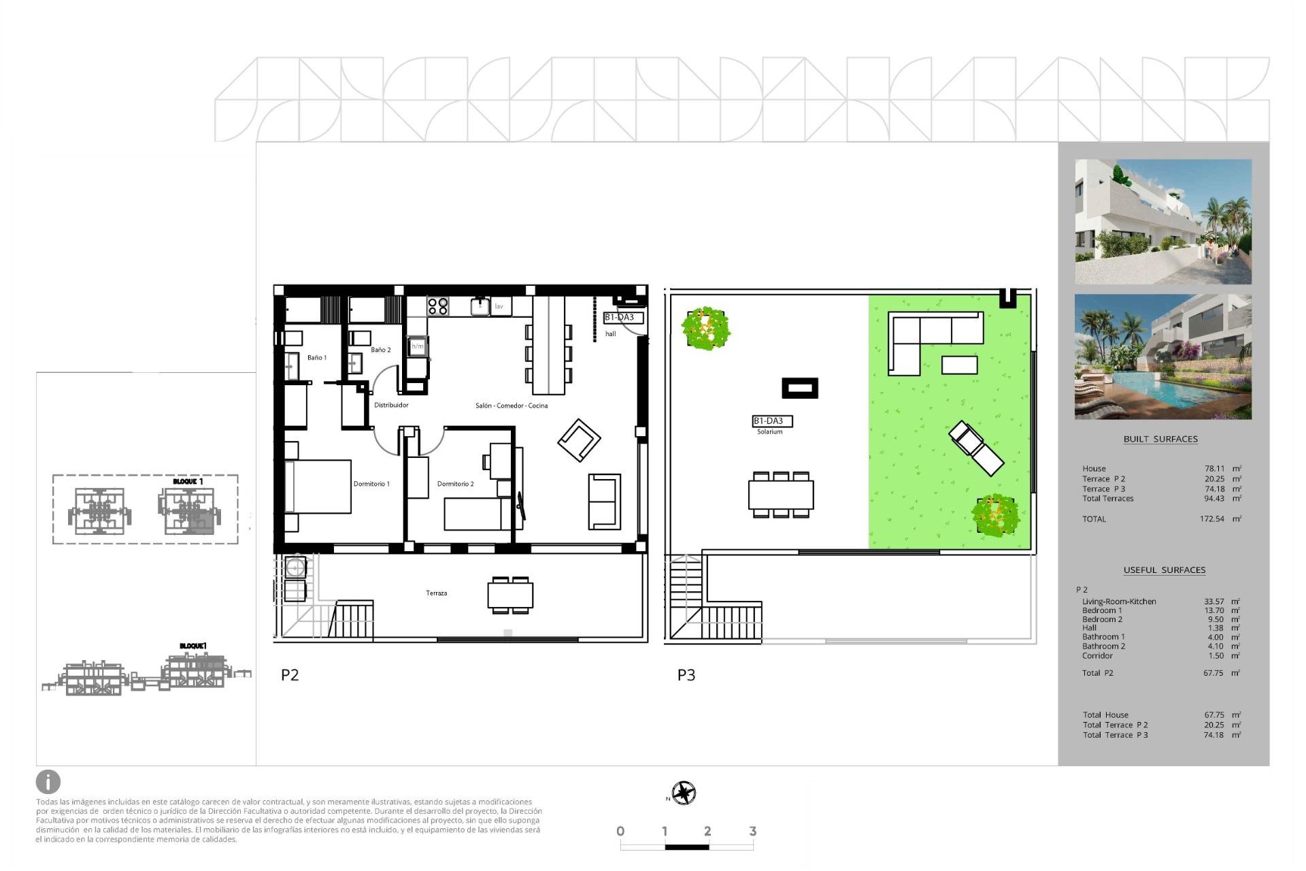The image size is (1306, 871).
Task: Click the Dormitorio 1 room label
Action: [x=371, y=484]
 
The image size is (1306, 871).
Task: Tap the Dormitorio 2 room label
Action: [x=455, y=484]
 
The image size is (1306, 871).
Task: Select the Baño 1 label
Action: [x=317, y=357]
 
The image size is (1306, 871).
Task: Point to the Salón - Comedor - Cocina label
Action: [x=512, y=406]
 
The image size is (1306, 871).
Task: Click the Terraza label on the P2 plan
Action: [x=437, y=593]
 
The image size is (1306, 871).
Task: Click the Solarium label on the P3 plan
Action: [x=770, y=431]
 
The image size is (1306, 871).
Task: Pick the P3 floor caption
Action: [x=686, y=675]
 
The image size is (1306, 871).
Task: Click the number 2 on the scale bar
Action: [x=707, y=831]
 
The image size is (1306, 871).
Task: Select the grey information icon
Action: [x=48, y=782]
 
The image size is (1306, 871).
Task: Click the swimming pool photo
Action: [x=1162, y=357]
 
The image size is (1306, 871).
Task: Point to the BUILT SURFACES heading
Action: [x=1160, y=439]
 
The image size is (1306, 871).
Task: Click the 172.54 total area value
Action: [x=1211, y=519]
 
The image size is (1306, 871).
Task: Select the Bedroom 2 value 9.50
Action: [x=1215, y=619]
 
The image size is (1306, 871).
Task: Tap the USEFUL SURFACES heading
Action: [x=1164, y=570]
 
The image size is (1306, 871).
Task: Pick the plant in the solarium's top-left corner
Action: [x=705, y=328]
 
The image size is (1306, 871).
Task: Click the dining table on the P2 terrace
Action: [x=510, y=595]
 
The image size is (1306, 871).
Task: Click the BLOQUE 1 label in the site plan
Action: [x=188, y=481]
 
